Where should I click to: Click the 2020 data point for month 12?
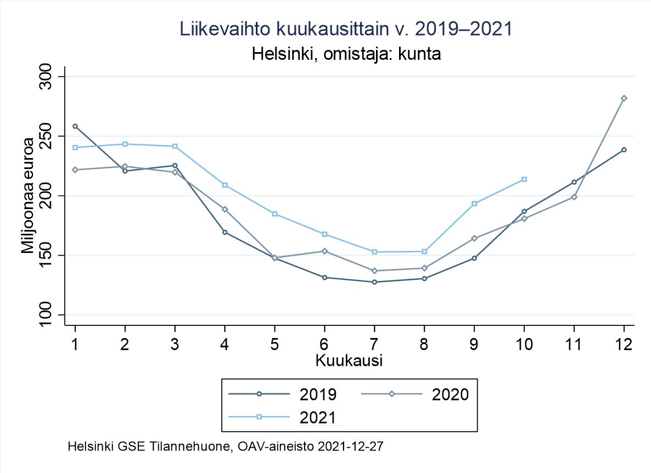624,98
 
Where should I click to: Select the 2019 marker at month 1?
75,126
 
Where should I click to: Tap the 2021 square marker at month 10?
524,179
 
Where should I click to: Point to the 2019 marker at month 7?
374,282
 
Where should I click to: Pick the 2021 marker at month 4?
225,185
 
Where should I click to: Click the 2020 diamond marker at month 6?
324,251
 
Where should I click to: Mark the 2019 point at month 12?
624,150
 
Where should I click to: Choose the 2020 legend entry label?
450,394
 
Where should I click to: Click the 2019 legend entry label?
318,394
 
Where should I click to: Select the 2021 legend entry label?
318,417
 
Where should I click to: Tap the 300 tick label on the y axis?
49,77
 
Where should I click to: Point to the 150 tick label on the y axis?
49,255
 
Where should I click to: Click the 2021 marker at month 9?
474,204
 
